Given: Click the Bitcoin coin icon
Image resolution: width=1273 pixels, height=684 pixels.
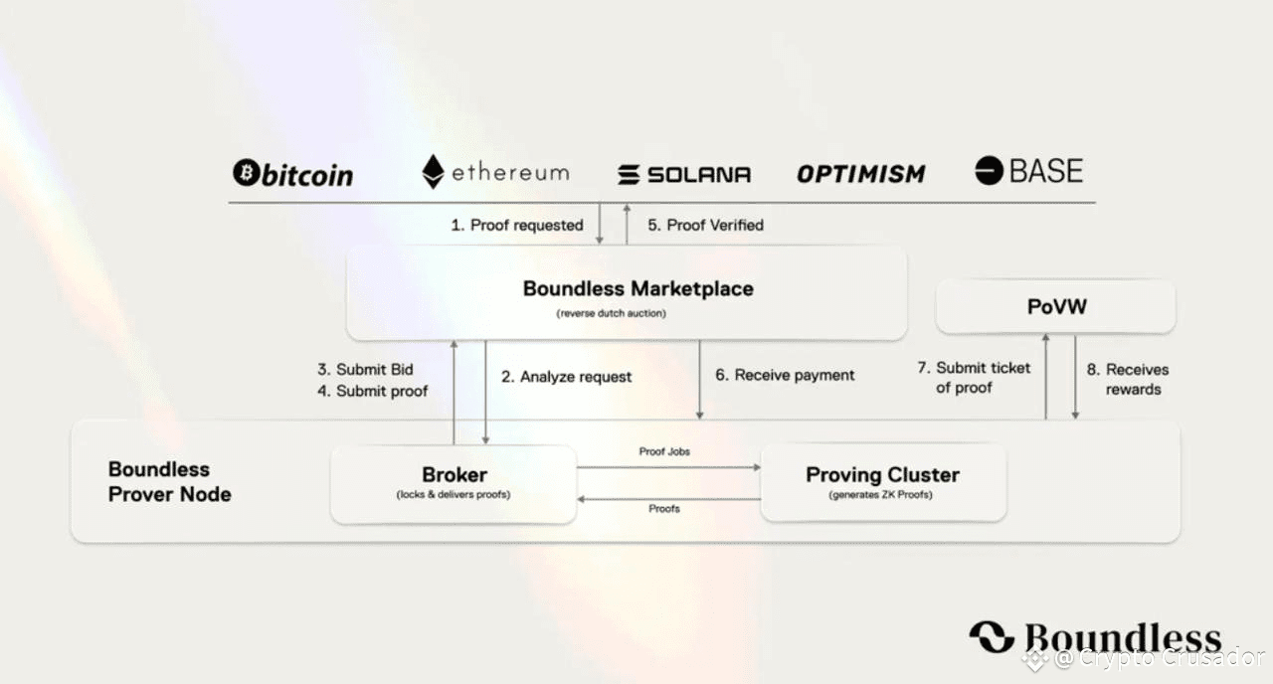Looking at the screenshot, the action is click(x=247, y=172).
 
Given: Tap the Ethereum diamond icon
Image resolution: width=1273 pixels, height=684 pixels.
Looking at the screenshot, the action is click(x=433, y=172).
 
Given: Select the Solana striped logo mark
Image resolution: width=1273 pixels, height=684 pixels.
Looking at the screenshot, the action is click(x=629, y=174).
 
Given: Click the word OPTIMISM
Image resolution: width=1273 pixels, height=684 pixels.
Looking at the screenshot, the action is click(x=861, y=174).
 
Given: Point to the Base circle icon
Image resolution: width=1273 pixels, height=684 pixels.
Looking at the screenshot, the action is click(x=989, y=170).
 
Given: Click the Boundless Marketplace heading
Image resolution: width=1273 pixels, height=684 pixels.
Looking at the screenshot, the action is click(x=638, y=288).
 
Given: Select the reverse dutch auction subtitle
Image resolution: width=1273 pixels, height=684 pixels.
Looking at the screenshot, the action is click(x=611, y=313).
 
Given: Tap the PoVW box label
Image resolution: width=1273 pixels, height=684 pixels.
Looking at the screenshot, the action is click(x=1057, y=307).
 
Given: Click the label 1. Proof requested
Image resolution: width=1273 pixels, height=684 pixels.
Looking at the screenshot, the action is click(x=517, y=225).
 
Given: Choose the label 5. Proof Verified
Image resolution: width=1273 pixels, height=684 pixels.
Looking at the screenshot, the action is click(x=706, y=225).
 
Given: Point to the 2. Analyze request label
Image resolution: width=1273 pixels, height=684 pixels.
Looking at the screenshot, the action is click(x=566, y=377).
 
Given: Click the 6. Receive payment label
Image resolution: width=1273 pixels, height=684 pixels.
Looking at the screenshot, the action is click(x=785, y=375).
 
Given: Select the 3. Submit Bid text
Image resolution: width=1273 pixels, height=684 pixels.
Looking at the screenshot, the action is click(x=365, y=369).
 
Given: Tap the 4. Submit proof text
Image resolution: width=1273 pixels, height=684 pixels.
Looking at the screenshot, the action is click(x=372, y=391).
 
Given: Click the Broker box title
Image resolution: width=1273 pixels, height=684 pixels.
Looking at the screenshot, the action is click(x=455, y=474).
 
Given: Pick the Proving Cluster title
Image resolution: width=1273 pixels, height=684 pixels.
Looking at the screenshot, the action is click(x=882, y=474).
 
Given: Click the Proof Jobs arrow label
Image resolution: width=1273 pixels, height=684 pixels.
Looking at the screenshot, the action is click(x=664, y=451).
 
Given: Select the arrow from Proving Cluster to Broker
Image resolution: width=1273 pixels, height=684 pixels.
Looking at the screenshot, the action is click(x=669, y=499).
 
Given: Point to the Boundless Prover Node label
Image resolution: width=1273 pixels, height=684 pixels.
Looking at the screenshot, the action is click(x=169, y=482).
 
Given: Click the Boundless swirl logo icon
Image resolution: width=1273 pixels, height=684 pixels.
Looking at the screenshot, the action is click(x=992, y=637).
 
